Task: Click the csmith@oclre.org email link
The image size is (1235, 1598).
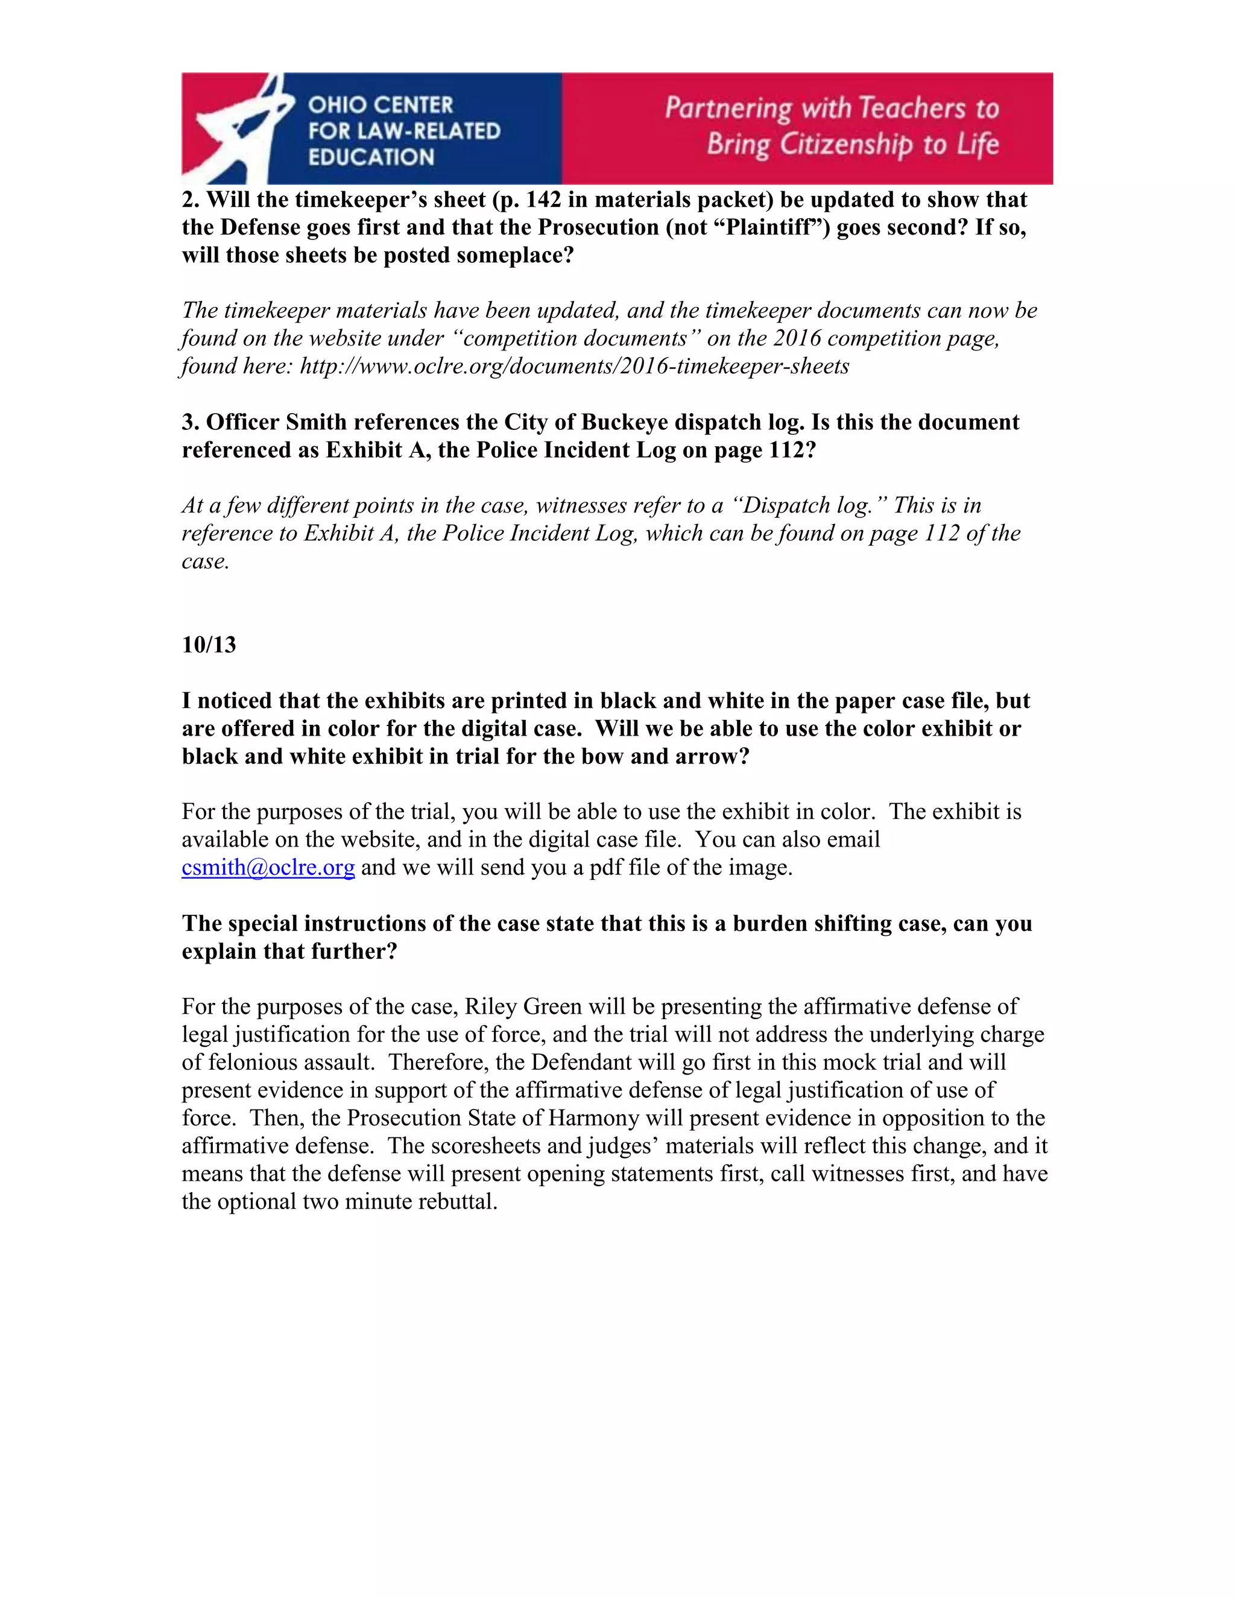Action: coord(268,868)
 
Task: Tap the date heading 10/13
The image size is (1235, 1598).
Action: coord(209,645)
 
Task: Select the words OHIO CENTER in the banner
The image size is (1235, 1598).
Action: coord(381,105)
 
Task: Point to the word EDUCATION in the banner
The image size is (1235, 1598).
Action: coord(371,157)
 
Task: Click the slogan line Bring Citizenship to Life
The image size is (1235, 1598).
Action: coord(852,144)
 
